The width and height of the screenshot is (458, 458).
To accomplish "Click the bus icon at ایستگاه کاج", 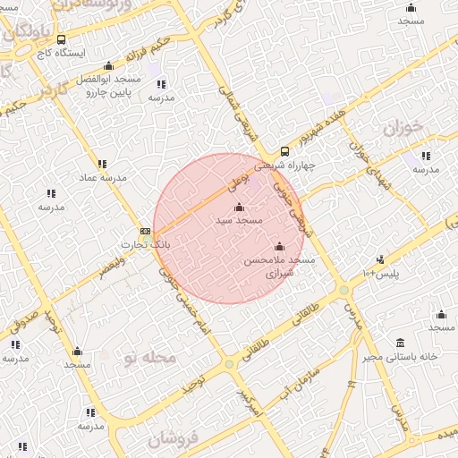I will tap(61, 40).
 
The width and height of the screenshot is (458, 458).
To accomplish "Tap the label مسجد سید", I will tap(238, 219).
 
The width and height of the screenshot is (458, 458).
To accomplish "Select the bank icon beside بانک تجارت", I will tap(145, 232).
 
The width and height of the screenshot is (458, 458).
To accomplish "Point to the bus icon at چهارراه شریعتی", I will tap(284, 151).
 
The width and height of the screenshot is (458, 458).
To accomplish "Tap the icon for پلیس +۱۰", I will tap(380, 260).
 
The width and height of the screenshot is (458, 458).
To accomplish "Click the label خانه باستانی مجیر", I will tap(399, 357).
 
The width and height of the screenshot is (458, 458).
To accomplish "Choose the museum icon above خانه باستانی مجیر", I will tap(399, 343).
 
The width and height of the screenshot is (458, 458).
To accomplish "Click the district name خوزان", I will tap(403, 128).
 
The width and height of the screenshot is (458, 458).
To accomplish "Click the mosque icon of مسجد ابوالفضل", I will tap(109, 65).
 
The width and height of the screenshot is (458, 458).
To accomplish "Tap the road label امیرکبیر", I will tap(246, 402).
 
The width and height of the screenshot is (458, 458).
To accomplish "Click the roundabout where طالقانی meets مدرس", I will tap(343, 290).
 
